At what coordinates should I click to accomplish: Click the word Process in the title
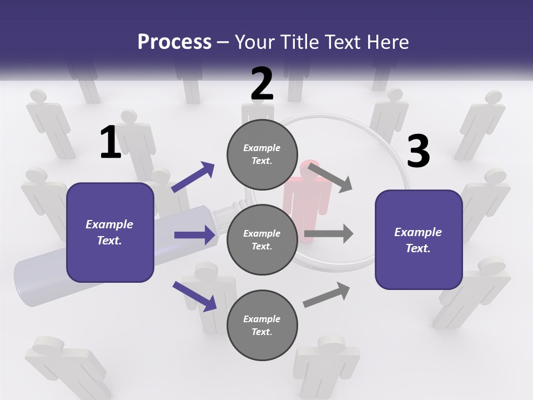coord(174,42)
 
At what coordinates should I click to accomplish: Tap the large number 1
coord(110,143)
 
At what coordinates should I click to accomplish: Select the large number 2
coord(262,84)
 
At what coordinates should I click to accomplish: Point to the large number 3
coord(418,151)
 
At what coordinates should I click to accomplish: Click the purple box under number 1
coord(110,232)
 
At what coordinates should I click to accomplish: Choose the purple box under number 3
coord(419,240)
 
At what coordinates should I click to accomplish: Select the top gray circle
coord(262,154)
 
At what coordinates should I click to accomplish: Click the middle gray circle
coord(262,240)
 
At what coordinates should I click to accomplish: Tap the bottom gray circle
coord(262,326)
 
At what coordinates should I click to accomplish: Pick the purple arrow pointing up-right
coord(194,177)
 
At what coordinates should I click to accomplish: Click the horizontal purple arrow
coord(195,235)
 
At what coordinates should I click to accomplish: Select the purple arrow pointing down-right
coord(195,296)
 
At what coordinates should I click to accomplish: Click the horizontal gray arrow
coord(329,233)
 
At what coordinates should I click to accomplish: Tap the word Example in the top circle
coord(262,148)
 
